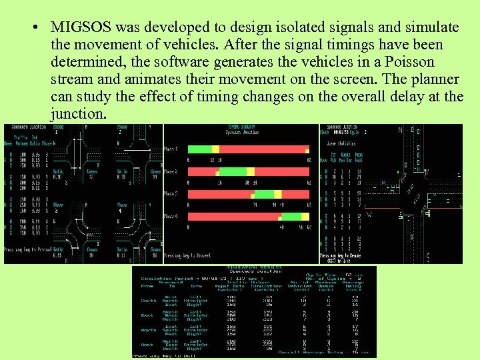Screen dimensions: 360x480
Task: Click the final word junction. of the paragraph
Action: click(x=78, y=114)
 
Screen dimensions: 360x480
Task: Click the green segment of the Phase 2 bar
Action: click(x=233, y=172)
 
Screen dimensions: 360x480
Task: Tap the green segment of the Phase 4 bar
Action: click(x=291, y=217)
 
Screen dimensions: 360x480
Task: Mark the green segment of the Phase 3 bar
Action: click(x=264, y=194)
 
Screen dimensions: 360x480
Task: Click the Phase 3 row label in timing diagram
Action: click(x=171, y=194)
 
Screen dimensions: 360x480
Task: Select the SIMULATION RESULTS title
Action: click(x=254, y=269)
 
